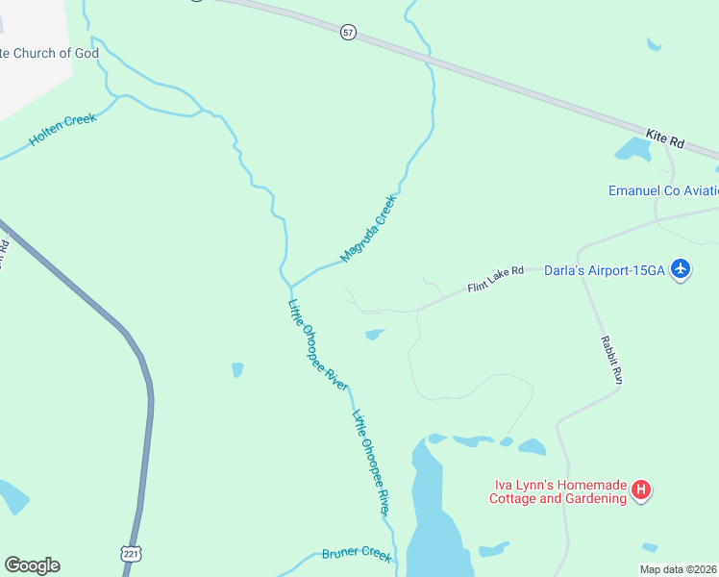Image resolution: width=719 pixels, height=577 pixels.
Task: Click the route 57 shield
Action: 348,33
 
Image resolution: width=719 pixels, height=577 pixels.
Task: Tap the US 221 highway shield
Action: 132,553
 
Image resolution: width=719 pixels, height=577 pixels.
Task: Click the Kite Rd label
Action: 665,139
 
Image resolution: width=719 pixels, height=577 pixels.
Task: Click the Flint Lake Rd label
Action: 495,280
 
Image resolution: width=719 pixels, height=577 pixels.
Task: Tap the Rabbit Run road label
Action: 611,361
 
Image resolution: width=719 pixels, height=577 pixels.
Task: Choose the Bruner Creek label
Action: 357,555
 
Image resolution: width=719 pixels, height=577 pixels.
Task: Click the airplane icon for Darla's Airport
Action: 681,268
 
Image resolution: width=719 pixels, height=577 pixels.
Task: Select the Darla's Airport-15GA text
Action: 605,270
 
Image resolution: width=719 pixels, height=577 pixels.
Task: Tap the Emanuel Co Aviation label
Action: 662,190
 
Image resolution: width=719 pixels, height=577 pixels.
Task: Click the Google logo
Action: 33,565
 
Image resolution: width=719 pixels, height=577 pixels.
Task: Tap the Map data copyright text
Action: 678,569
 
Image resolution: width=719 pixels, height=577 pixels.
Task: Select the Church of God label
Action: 49,53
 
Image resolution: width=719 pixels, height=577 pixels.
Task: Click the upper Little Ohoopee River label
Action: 317,344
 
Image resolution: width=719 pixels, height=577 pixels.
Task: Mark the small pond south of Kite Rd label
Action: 632,149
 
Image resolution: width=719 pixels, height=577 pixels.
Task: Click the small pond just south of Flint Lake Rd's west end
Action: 375,335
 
